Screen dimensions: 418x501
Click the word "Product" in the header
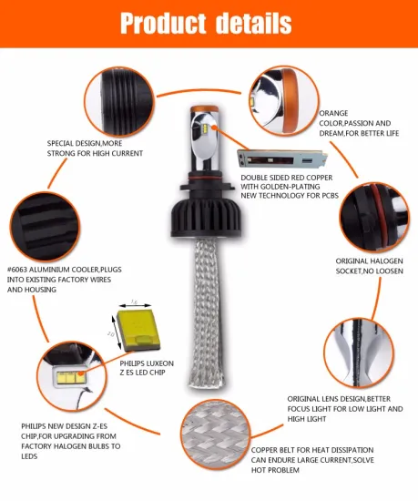click(x=163, y=24)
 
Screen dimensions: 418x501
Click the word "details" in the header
click(x=254, y=23)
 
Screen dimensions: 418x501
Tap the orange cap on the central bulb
click(x=204, y=109)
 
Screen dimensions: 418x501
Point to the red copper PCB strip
click(x=282, y=158)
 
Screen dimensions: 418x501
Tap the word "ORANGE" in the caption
click(x=333, y=113)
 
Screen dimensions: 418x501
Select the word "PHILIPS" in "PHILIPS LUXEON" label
click(x=134, y=363)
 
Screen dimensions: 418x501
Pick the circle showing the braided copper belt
click(x=215, y=435)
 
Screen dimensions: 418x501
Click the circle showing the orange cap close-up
click(x=284, y=100)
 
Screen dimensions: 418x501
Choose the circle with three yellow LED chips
click(x=72, y=376)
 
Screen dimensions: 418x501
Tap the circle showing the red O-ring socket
click(x=374, y=218)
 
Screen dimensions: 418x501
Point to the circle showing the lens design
click(x=358, y=353)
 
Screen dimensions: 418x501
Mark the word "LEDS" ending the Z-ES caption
click(x=29, y=456)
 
